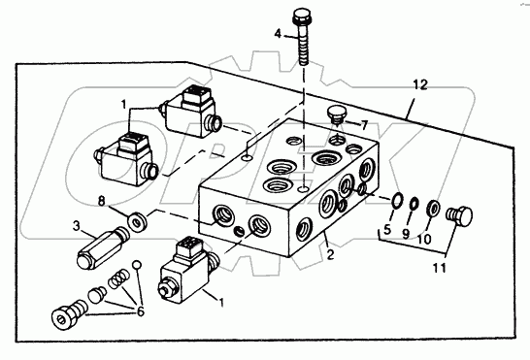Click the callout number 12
point(419,84)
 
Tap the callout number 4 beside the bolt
point(278,34)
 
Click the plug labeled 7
point(336,115)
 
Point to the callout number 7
point(364,126)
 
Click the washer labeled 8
point(137,222)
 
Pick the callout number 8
point(101,202)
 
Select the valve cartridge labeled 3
point(103,247)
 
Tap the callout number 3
point(77,226)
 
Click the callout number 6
point(141,311)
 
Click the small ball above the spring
point(136,265)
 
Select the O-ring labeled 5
point(396,200)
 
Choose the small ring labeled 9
point(414,204)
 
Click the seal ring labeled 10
point(433,208)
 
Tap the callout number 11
point(440,268)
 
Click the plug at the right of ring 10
point(459,215)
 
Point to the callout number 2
point(330,254)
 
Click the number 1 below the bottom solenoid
point(221,303)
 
